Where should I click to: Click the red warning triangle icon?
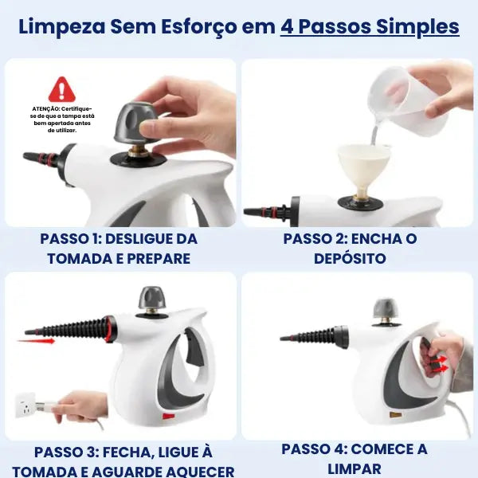(62, 89)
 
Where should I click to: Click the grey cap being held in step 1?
(135, 123)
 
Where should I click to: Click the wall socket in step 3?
(25, 406)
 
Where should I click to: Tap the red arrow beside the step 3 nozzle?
(36, 340)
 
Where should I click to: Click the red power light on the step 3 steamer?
(167, 416)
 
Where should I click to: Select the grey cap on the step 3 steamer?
(152, 297)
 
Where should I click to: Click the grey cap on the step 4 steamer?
(386, 308)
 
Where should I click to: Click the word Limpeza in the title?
(62, 27)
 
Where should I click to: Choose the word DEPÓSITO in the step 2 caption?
(350, 258)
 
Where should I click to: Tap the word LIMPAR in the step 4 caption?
(355, 468)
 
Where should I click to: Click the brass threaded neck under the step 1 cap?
(139, 151)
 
